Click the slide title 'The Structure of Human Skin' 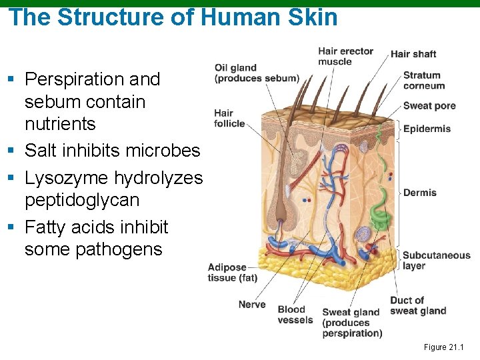pyautogui.click(x=173, y=17)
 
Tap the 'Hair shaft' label pyautogui.click(x=413, y=54)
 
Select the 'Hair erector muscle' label pyautogui.click(x=345, y=56)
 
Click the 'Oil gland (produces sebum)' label pyautogui.click(x=256, y=73)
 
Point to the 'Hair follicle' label pyautogui.click(x=229, y=118)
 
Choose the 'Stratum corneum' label pyautogui.click(x=423, y=81)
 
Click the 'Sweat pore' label pyautogui.click(x=429, y=106)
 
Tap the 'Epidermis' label pyautogui.click(x=427, y=129)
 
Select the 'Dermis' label pyautogui.click(x=420, y=193)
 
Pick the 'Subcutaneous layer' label pyautogui.click(x=436, y=260)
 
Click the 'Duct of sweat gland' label pyautogui.click(x=418, y=305)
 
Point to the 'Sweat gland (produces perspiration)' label pyautogui.click(x=352, y=323)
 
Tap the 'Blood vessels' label pyautogui.click(x=295, y=315)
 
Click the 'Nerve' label pyautogui.click(x=252, y=305)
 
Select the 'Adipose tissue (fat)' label pyautogui.click(x=232, y=273)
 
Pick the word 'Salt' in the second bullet pyautogui.click(x=40, y=151)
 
